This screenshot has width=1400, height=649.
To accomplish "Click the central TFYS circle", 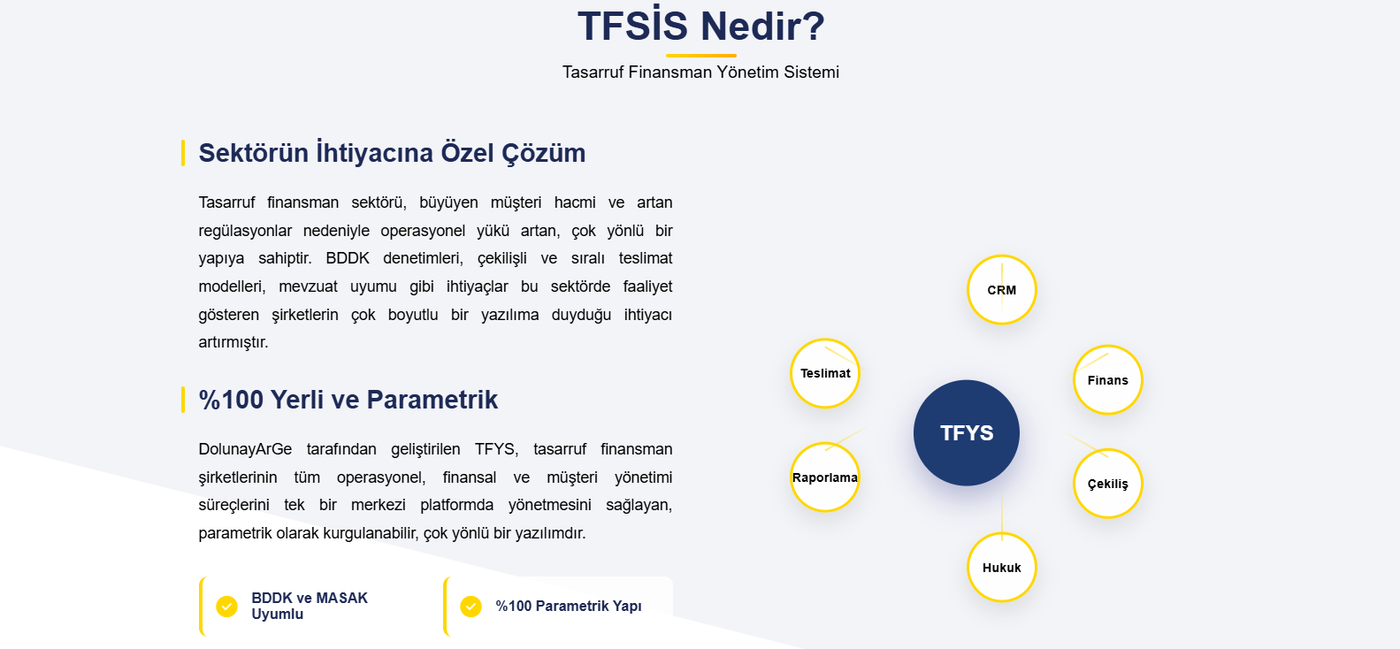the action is coord(967,433).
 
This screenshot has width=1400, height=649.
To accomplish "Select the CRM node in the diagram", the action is coord(1002,290).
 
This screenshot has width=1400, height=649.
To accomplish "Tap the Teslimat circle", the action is coord(825,373).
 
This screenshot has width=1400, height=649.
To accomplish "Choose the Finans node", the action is coord(1108,380).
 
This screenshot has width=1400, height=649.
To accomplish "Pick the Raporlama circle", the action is coord(825,477).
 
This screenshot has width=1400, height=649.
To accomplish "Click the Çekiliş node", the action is coord(1108,484).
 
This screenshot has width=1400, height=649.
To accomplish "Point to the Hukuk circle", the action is coord(1002,567).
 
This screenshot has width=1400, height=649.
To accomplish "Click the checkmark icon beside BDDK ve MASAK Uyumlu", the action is coord(227,606).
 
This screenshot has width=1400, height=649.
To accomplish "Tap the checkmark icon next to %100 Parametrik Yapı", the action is coord(470,606).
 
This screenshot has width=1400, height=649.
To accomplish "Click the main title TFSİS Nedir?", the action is coord(700,27).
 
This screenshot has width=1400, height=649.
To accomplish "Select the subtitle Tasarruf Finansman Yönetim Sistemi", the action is coord(700,73).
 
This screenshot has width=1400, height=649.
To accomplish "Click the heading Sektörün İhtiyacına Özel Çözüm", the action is coord(392,153).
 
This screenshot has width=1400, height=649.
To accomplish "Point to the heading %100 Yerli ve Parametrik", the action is coord(348,400).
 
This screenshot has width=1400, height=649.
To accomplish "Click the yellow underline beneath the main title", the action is coord(700,56).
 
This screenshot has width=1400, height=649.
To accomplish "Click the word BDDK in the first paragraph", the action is coord(348,258).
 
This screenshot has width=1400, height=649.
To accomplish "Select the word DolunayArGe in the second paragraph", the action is coord(245,450).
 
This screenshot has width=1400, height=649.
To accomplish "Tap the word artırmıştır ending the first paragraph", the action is coord(233,342).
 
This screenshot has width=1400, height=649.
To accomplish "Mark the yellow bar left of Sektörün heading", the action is coord(183,153).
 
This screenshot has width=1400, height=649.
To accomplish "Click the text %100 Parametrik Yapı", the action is coord(569,606).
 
